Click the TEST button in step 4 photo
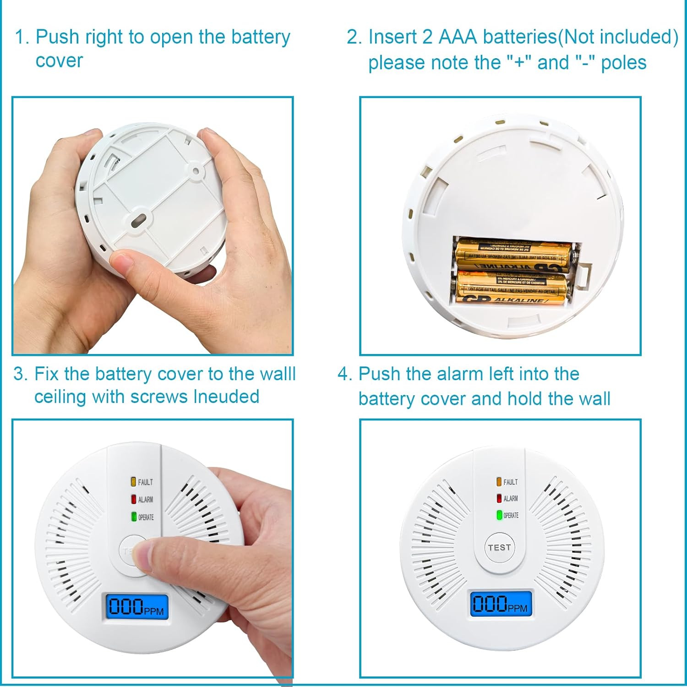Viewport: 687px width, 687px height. pos(499,547)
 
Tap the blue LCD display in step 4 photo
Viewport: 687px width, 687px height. pos(501,604)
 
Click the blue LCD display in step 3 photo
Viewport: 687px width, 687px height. pos(137,606)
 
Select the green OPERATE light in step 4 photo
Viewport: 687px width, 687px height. pos(500,515)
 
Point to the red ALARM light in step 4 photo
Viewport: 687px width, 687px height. pos(499,498)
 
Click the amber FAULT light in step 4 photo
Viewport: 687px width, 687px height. pos(499,482)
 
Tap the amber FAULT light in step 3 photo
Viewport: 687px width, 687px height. pos(133,482)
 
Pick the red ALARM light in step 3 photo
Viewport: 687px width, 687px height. pos(134,499)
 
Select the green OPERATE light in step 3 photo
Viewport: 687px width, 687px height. pos(134,517)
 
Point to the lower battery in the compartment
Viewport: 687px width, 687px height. pos(512,289)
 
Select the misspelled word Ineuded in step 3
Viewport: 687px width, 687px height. pos(226,397)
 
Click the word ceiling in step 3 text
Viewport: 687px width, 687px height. pos(60,397)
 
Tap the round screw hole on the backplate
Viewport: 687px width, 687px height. pos(196,171)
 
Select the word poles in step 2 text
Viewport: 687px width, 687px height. pos(623,63)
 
